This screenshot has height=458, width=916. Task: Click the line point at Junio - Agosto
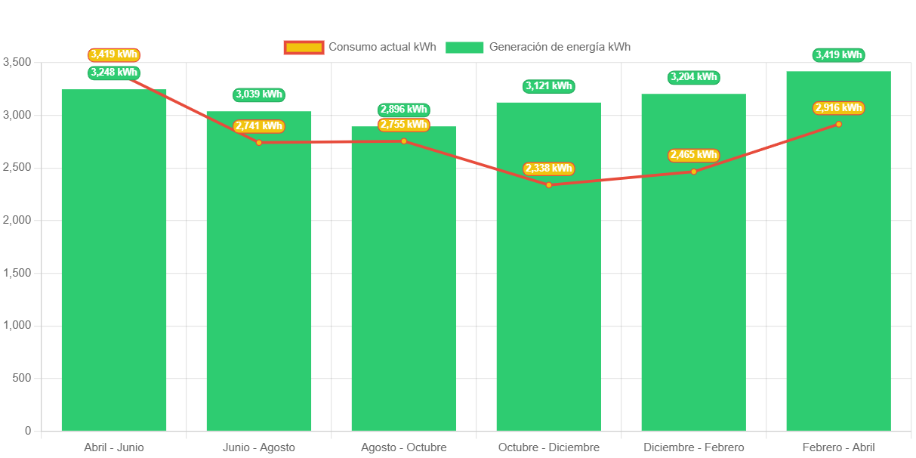[x=259, y=143]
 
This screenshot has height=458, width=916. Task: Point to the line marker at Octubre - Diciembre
[x=549, y=185]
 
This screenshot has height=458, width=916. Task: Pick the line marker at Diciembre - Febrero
[x=694, y=172]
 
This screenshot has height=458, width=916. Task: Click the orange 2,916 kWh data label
[x=838, y=108]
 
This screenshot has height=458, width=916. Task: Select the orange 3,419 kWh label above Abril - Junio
[x=114, y=54]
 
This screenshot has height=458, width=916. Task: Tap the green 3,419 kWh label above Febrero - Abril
[x=838, y=55]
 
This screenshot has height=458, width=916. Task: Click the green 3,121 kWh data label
[x=548, y=86]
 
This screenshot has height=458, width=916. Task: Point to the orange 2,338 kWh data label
[x=548, y=169]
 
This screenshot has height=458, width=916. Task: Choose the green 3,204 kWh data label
[x=694, y=77]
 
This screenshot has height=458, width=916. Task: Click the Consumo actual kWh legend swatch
[x=304, y=48]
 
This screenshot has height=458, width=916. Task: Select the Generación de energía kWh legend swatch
[x=464, y=48]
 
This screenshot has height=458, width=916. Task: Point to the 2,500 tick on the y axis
[x=16, y=167]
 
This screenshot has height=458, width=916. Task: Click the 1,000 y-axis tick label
[x=16, y=325]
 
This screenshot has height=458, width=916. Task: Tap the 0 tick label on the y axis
[x=27, y=430]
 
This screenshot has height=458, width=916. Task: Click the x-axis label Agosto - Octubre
[x=403, y=447]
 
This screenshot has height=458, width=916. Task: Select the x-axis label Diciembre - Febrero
[x=693, y=447]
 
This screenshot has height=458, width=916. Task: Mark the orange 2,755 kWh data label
[x=403, y=125]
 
